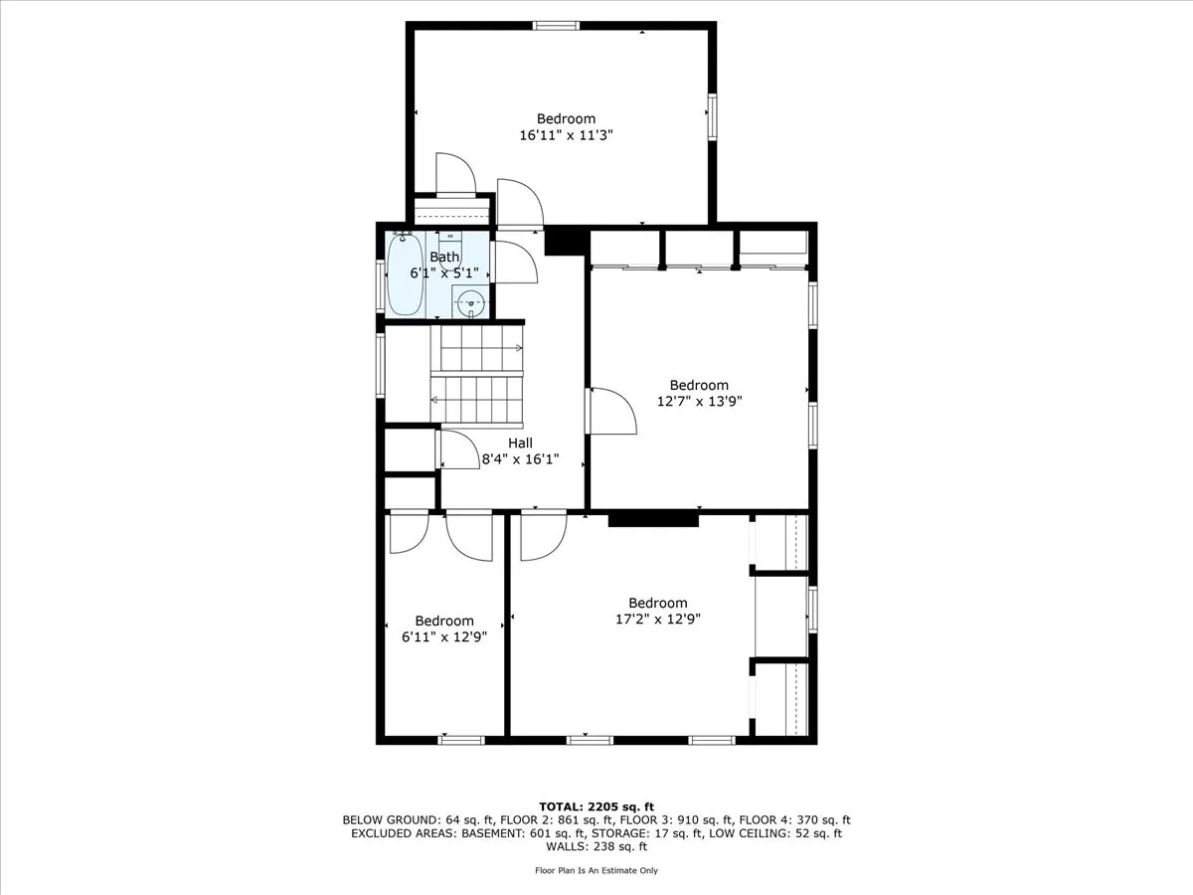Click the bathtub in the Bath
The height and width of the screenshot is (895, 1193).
[405, 273]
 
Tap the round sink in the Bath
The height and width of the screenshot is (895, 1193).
[469, 302]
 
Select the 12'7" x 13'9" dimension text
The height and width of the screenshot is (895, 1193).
[699, 402]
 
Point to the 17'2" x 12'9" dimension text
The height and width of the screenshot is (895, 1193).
[657, 620]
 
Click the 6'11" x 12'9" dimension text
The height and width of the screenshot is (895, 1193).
[444, 637]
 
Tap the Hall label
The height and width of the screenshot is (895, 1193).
[520, 444]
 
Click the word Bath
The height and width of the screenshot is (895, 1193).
[444, 257]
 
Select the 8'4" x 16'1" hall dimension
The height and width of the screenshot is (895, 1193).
[520, 460]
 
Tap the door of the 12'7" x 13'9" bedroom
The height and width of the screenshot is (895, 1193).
[611, 411]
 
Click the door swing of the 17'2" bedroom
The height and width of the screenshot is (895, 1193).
[543, 537]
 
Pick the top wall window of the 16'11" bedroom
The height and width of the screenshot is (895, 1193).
[557, 25]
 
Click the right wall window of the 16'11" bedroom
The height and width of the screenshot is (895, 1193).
[712, 115]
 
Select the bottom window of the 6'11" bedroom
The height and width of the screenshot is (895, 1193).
[461, 739]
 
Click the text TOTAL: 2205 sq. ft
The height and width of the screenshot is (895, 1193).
[596, 806]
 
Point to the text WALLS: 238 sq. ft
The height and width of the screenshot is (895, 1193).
[596, 847]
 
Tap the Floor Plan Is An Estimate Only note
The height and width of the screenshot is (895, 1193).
[596, 870]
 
